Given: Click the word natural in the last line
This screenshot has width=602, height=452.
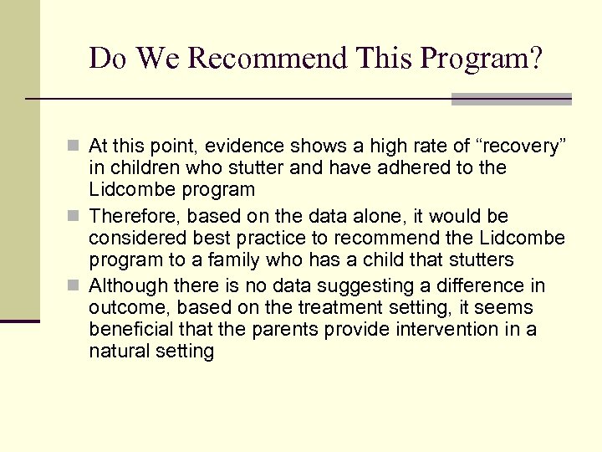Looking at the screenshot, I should pyautogui.click(x=118, y=350).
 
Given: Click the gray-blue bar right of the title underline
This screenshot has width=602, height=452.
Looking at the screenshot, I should pyautogui.click(x=511, y=99).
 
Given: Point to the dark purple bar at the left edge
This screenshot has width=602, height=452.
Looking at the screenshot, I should pyautogui.click(x=19, y=321).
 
